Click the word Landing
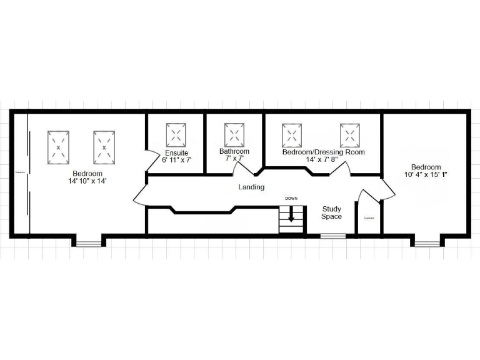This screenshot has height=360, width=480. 251,187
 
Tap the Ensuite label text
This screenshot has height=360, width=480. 177,153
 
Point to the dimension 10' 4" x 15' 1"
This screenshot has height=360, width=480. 426,174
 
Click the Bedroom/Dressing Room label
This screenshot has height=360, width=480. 323,152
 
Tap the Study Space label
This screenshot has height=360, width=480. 331,212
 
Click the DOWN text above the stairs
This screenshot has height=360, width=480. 291,198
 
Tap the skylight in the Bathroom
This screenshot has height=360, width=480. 234,134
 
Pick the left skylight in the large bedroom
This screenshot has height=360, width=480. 58,147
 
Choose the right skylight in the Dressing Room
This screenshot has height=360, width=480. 350,134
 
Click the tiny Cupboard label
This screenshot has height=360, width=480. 369,219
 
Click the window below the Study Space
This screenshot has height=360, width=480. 333,236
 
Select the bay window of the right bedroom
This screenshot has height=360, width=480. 426,241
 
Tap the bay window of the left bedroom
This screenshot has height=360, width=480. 89,241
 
